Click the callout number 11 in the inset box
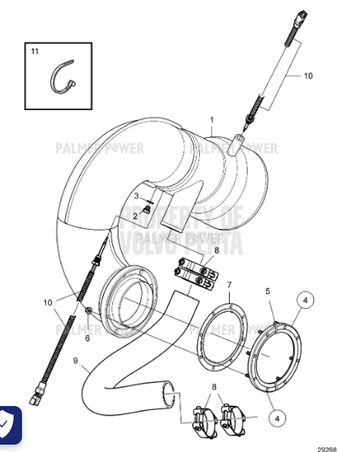coord(34,52)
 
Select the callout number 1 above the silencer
coord(212,120)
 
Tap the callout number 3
coord(136,197)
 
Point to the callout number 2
coord(136,215)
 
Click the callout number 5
coord(267,291)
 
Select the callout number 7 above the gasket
coord(230,285)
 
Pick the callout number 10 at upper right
coord(307,75)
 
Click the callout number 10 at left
coord(48,302)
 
